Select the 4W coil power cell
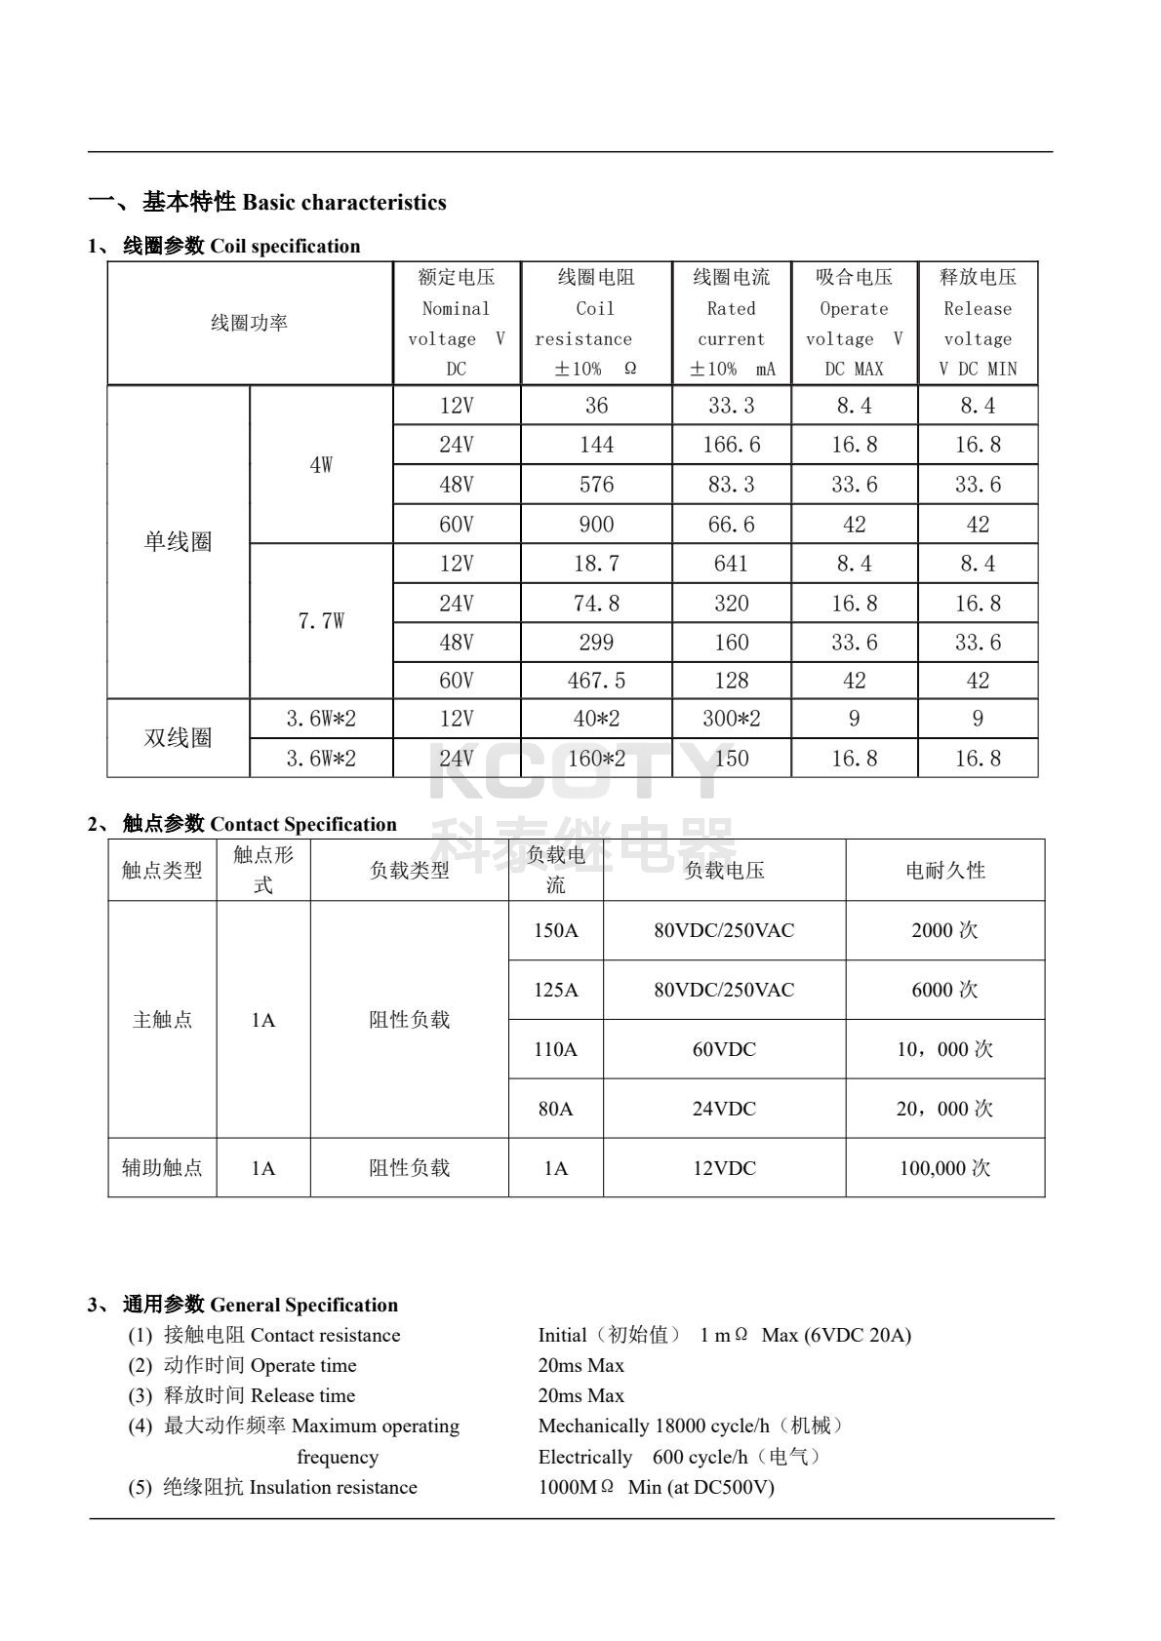(321, 465)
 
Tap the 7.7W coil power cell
(321, 621)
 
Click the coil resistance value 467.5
(596, 681)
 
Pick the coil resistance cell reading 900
(596, 525)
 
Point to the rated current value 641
(731, 564)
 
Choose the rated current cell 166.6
(731, 445)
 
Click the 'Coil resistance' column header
(596, 323)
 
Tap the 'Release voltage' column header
(978, 323)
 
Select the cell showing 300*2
(731, 720)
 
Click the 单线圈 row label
(178, 542)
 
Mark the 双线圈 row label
(178, 738)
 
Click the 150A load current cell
(555, 931)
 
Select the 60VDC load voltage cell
(724, 1050)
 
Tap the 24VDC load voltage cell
(724, 1110)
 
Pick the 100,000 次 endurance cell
(944, 1168)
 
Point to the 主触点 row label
(162, 1020)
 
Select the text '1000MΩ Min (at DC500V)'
(656, 1488)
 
